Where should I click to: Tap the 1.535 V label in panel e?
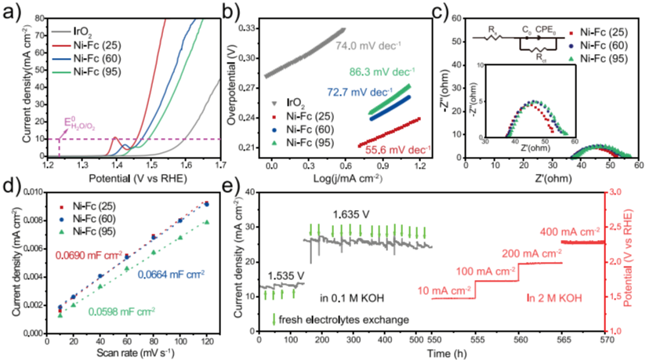(286, 275)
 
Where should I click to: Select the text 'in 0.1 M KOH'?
(348, 298)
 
